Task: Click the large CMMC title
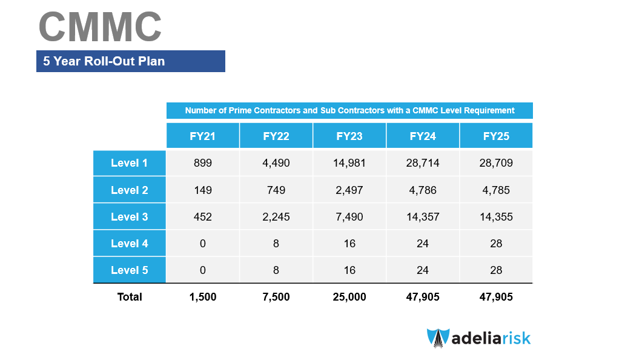click(x=100, y=27)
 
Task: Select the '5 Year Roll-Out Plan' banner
click(x=131, y=61)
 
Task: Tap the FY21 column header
click(x=202, y=136)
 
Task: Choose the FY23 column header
click(x=349, y=136)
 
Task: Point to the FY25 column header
click(x=496, y=136)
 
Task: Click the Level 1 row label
click(x=130, y=163)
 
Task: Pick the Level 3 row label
click(x=130, y=216)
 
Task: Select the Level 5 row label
click(x=130, y=270)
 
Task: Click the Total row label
click(x=130, y=296)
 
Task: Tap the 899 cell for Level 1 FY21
click(x=202, y=163)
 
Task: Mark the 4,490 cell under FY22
click(x=276, y=163)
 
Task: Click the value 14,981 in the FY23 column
click(x=349, y=163)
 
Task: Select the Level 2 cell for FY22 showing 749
click(x=276, y=190)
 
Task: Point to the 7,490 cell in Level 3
click(x=349, y=216)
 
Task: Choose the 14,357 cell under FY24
click(x=423, y=216)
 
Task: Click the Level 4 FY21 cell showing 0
click(x=202, y=243)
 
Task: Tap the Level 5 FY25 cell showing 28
click(x=496, y=270)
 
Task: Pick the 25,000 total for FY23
click(x=349, y=296)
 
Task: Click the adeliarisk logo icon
click(x=438, y=338)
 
